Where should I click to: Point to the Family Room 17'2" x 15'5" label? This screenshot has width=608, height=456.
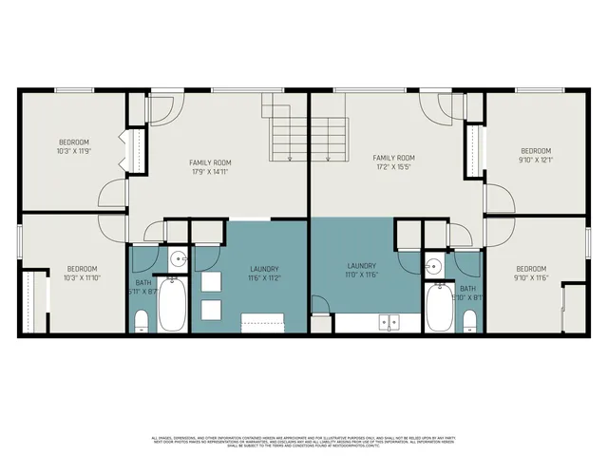coord(393,162)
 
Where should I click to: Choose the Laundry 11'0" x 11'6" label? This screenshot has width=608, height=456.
coord(361,271)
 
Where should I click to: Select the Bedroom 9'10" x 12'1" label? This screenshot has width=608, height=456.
coord(535,156)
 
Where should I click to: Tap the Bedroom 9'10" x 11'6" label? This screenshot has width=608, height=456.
coord(531,274)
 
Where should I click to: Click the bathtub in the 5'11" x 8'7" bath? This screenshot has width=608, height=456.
coord(172,303)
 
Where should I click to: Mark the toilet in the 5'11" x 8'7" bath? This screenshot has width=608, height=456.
coord(141,321)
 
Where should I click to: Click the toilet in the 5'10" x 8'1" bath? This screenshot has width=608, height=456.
coord(468,321)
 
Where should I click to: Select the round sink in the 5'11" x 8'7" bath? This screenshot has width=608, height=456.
coord(178,258)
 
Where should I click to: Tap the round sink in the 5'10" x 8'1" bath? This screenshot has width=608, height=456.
coord(433,266)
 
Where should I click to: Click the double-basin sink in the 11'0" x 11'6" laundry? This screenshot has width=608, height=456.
coord(389,322)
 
